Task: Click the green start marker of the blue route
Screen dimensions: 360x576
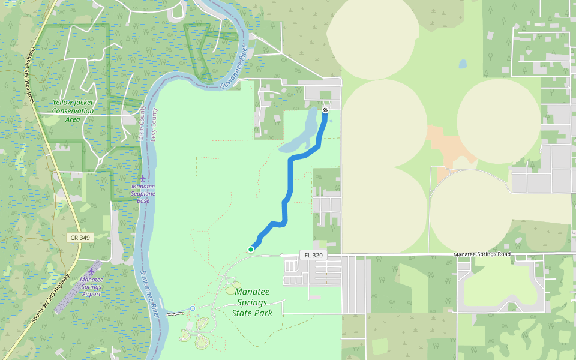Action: coord(251,249)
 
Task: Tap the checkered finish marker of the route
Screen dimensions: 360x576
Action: coord(325,110)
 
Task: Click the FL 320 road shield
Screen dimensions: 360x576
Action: coord(313,255)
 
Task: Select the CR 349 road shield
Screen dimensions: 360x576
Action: coord(80,238)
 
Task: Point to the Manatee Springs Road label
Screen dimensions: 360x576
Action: coord(482,254)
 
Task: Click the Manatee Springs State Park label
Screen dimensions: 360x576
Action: coord(252,302)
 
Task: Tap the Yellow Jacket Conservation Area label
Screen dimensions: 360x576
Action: coord(73,110)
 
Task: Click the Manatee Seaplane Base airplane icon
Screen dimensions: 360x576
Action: coord(142,178)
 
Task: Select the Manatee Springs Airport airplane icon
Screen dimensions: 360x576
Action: coord(92,271)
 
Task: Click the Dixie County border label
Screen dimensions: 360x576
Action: coord(143,124)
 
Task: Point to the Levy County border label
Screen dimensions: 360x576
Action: coord(154,124)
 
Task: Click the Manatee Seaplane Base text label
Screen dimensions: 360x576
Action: coord(143,193)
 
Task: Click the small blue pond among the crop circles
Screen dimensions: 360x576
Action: coord(463,63)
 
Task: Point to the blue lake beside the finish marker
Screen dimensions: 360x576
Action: coord(307,135)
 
